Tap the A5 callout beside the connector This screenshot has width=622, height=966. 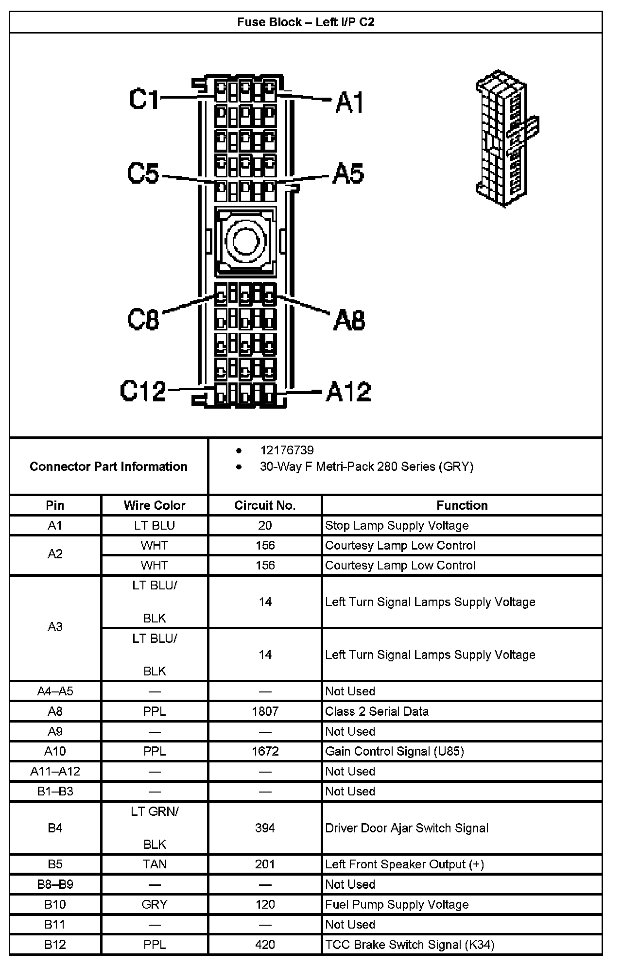[348, 174]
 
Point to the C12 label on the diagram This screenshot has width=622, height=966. [143, 391]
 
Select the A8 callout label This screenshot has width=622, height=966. [349, 320]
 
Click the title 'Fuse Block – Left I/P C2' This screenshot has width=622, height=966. [306, 22]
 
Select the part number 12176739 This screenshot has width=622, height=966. [287, 450]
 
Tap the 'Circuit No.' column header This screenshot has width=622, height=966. [265, 505]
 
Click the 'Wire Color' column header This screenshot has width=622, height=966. [155, 505]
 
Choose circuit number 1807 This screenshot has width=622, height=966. [265, 711]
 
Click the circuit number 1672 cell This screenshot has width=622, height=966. [265, 751]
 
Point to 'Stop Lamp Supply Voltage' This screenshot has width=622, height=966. [397, 525]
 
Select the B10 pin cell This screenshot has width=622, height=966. [55, 904]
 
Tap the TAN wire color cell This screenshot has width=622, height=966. [155, 864]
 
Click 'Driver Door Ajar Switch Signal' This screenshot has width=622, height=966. [406, 828]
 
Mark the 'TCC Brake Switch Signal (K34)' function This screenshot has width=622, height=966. [410, 945]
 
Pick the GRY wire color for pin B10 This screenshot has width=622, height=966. [155, 904]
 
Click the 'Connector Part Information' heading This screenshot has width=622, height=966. [108, 466]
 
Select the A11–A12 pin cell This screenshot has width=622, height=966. [55, 771]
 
